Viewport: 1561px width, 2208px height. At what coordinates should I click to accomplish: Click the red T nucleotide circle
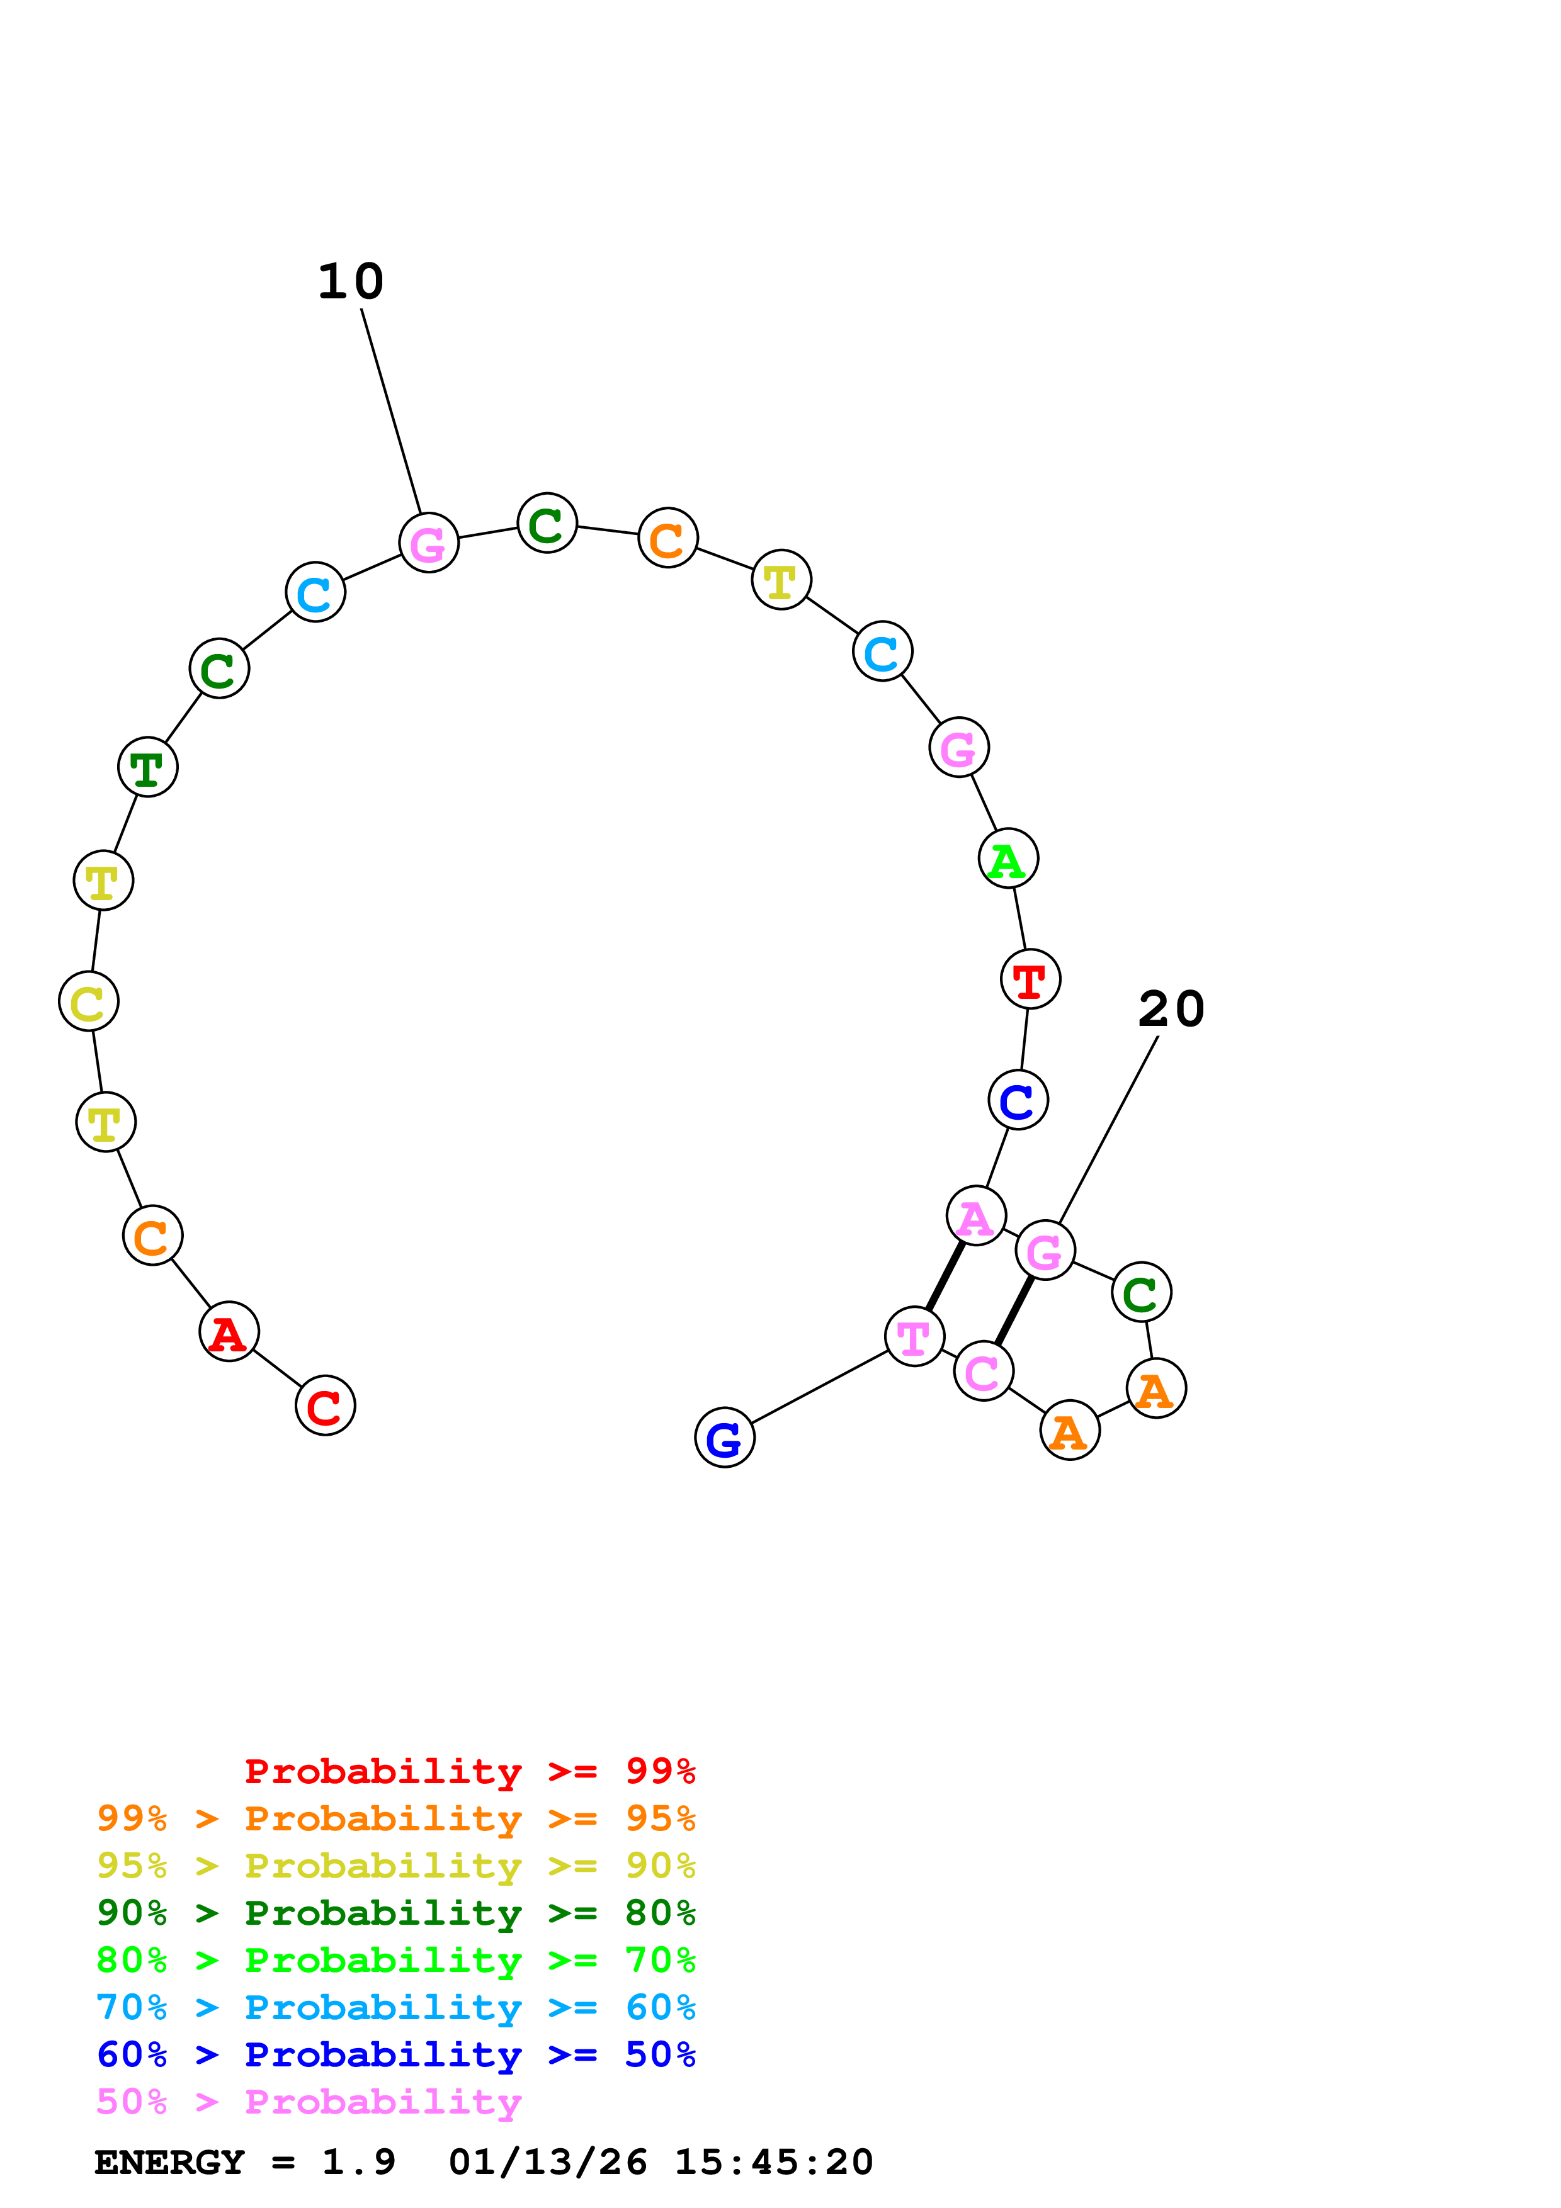(1030, 979)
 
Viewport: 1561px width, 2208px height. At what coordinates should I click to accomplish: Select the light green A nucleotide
(1008, 858)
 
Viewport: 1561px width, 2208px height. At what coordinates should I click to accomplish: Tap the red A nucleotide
(229, 1331)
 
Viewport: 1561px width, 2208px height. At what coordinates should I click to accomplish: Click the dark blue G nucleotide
(724, 1437)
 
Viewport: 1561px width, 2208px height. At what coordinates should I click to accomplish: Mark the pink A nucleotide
(976, 1215)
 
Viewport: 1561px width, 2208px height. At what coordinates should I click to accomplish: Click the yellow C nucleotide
(89, 1001)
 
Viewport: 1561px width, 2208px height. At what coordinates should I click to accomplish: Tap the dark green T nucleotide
(148, 767)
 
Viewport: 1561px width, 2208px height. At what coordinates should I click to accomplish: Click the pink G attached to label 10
(429, 543)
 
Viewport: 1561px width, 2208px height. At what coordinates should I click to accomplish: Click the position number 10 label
(351, 282)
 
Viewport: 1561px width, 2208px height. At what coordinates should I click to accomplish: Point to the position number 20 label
(1171, 1009)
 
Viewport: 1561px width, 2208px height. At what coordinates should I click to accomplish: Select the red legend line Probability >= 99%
(469, 1771)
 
